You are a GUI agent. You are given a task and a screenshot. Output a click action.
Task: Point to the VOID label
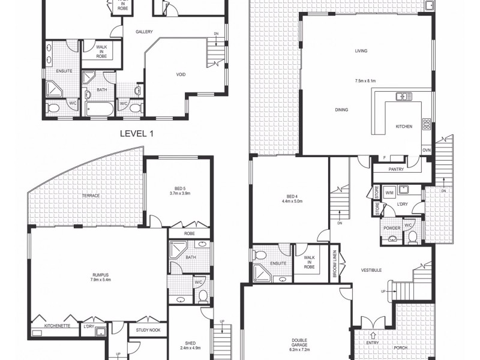point(181,75)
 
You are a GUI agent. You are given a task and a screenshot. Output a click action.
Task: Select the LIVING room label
point(361,51)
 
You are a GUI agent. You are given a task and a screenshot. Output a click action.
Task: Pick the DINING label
point(343,110)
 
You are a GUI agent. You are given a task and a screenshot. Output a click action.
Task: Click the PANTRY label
point(396,169)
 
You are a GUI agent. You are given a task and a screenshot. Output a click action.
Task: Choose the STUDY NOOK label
point(148,330)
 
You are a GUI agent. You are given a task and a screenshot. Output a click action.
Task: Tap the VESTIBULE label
point(372,271)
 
